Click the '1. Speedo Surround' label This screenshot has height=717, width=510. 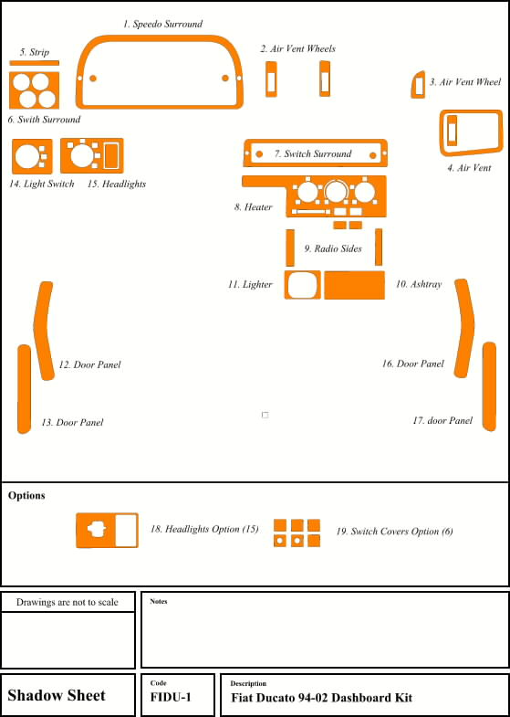pos(162,24)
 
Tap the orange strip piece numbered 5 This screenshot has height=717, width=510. pos(35,63)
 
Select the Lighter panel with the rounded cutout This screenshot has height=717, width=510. pos(302,285)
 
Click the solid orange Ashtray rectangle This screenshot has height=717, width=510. pos(354,285)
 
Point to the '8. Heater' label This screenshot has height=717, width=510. pos(254,207)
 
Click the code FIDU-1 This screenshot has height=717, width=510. pos(171,697)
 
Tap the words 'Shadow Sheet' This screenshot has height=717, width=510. pos(57,695)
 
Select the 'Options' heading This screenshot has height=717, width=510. pos(26,496)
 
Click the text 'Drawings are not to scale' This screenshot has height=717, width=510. pos(68,602)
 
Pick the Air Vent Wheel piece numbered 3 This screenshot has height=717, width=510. pos(418,85)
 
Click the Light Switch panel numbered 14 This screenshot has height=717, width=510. pos(32,156)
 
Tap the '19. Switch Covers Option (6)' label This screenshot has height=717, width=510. pos(394,532)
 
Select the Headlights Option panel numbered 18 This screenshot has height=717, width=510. pos(107,531)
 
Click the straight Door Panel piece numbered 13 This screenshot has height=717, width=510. pos(25,389)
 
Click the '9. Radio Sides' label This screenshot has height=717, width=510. pos(333,248)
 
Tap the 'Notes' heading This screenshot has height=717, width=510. pos(159,601)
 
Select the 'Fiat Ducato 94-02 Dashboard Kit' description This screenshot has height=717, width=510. pos(321,698)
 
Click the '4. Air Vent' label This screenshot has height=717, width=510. pos(469,168)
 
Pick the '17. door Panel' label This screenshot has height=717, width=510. pos(442,420)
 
